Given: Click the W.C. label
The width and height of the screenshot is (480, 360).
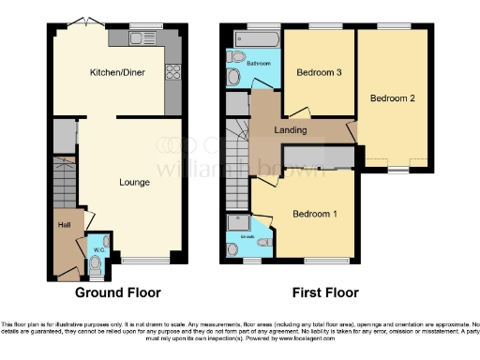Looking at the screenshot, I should pos(97,249).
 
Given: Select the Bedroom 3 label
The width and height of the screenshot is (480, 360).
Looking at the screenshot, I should pos(318,72).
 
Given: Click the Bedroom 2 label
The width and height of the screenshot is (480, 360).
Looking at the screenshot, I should pos(391,97).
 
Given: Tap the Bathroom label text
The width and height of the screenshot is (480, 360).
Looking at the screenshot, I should pos(259,63).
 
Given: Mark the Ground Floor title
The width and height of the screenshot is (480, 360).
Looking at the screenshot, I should pos(118,292).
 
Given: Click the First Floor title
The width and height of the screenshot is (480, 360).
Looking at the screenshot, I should pos(322,292).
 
